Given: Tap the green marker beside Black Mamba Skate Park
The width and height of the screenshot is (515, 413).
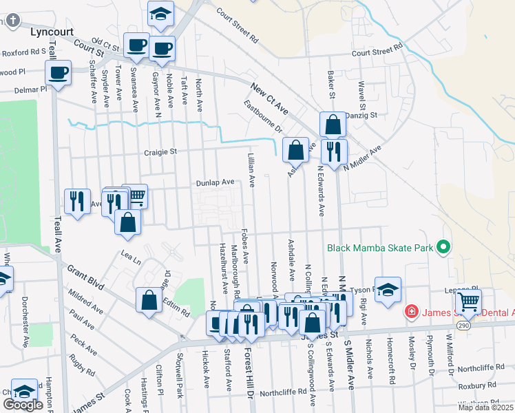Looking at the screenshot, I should point(443,246).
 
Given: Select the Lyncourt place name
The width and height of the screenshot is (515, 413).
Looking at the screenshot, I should point(52,32).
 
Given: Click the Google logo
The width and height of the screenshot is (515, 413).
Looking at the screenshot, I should point(23,405).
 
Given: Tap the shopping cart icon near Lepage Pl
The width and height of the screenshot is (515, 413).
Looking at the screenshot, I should point(468,301).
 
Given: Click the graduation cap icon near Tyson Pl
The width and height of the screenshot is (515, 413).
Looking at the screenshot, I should point(388,289).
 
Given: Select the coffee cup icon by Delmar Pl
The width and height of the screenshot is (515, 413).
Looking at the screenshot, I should point(59,72).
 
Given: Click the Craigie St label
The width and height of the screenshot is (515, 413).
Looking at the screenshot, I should point(160,151).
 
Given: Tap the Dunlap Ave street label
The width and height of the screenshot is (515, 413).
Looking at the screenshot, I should point(215,182).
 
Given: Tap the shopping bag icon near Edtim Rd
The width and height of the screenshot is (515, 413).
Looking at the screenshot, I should point(149,300).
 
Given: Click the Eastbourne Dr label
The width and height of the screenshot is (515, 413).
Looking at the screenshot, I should point(264,116).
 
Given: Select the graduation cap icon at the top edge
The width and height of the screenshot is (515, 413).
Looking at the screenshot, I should point(160,13).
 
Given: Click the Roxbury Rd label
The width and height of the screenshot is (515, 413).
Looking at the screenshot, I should point(478,386).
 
